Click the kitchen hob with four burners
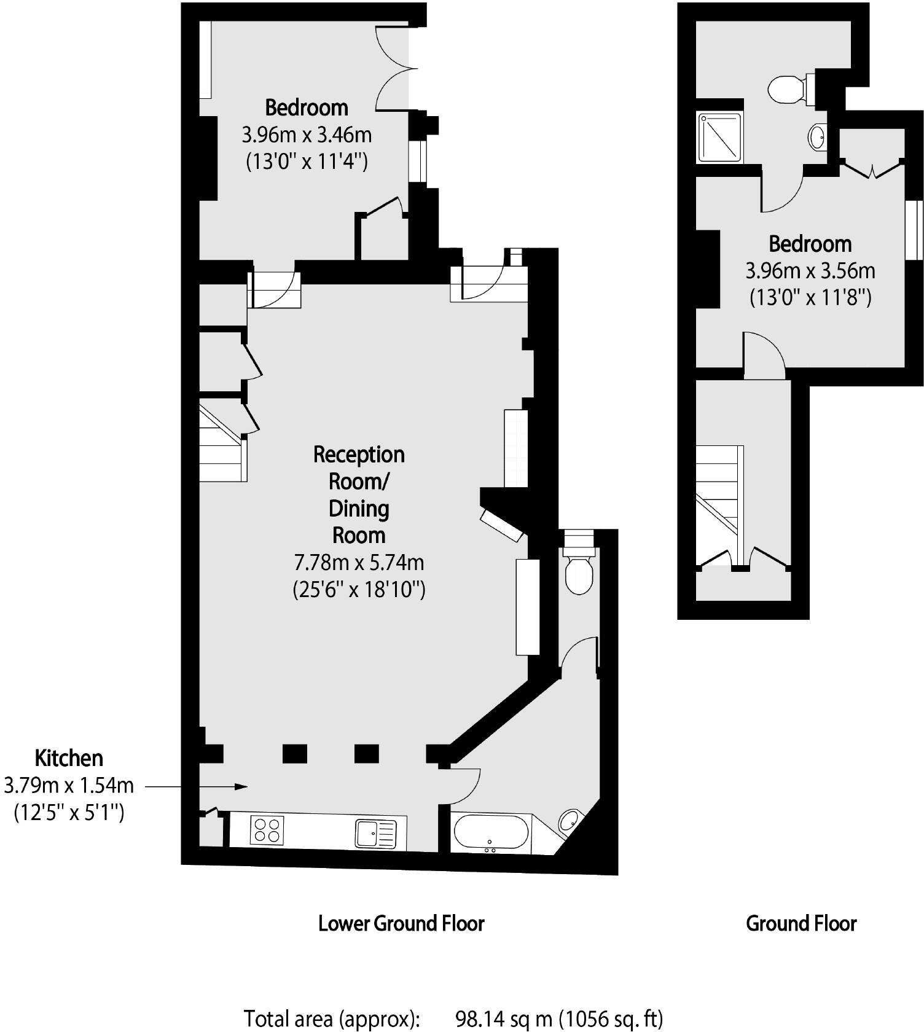coord(267,830)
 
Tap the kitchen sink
coord(376,834)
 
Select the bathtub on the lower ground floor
coord(490,832)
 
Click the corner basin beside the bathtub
coord(568,820)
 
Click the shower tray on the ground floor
coord(719,138)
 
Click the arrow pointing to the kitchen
coord(197,786)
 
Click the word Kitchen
coord(69,758)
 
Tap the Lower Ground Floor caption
coord(401,923)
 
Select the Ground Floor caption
coord(801,923)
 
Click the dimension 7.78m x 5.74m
coord(359,562)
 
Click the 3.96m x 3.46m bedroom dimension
coord(307,134)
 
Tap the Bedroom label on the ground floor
coord(810,244)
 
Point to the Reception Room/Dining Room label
coord(359,495)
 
